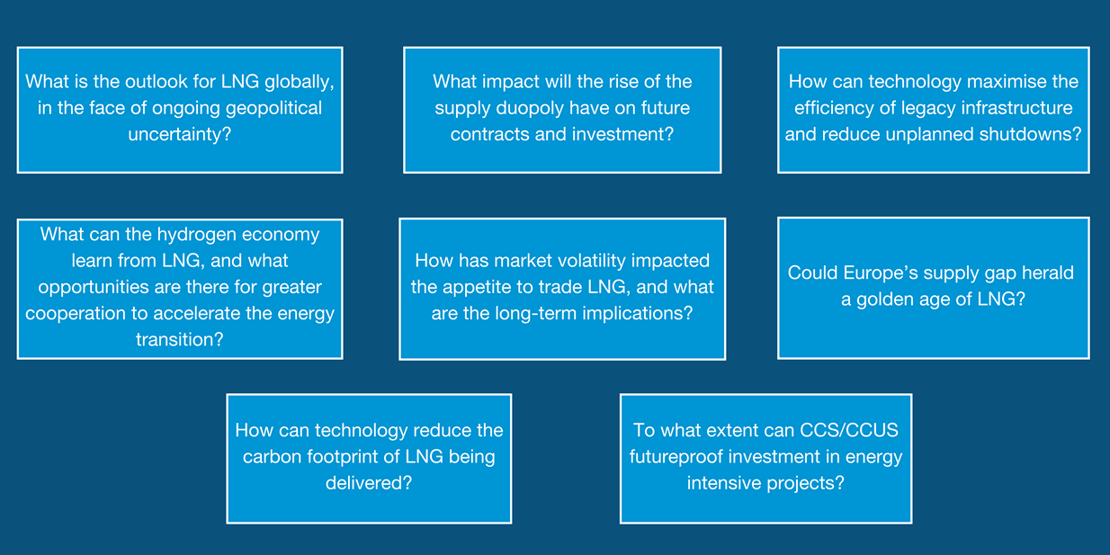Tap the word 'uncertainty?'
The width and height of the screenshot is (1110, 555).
click(179, 135)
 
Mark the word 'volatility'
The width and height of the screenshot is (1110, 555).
click(589, 261)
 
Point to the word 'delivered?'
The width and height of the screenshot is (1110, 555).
click(369, 483)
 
